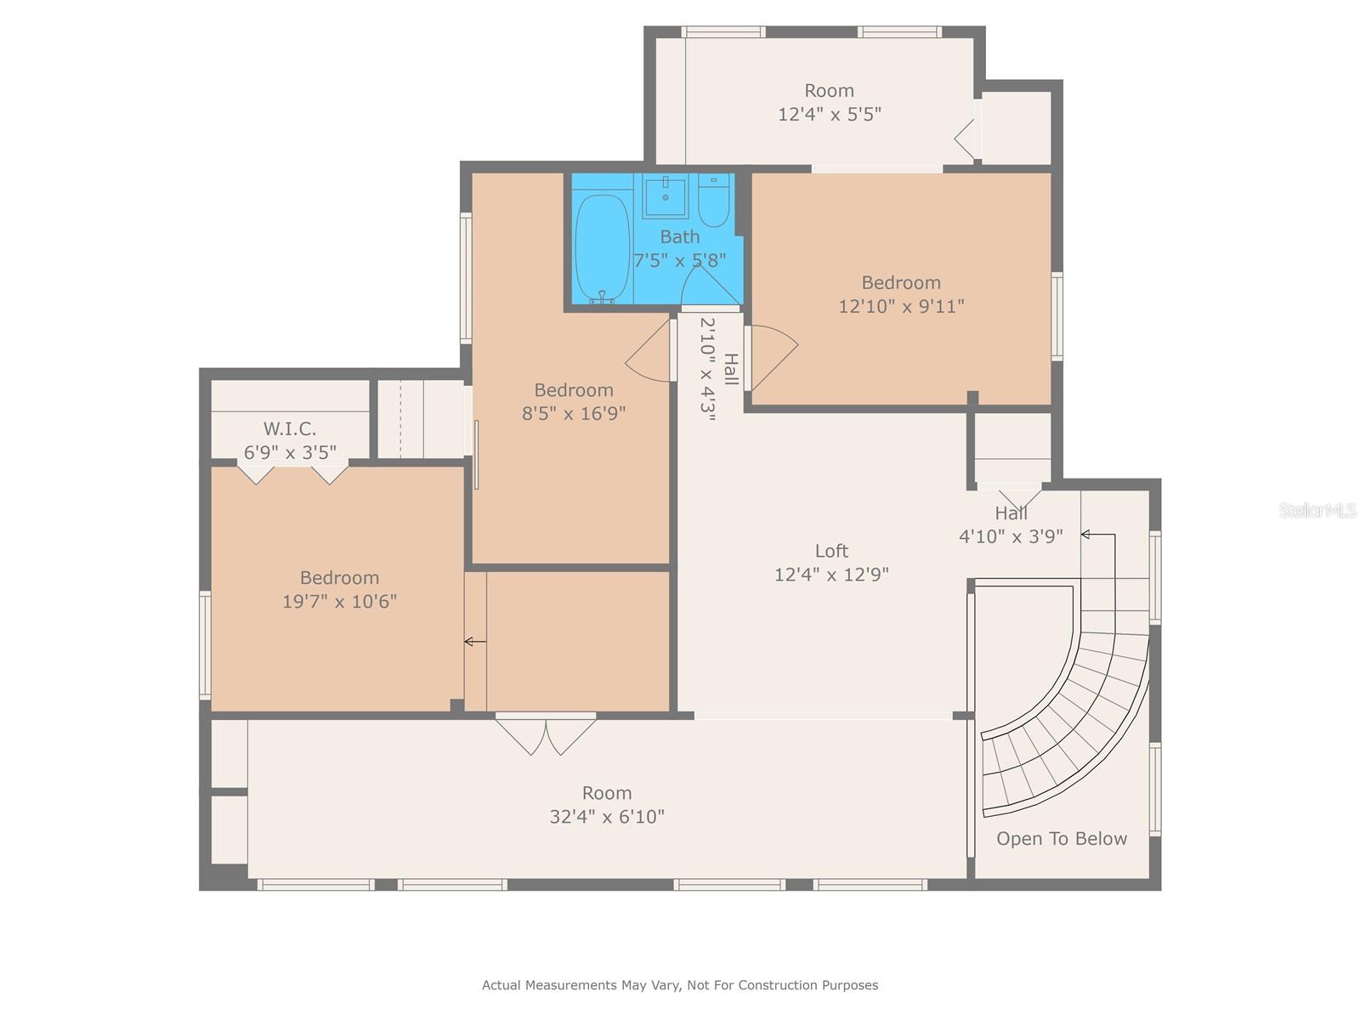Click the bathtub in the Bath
pos(602,248)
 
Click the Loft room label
pos(831,551)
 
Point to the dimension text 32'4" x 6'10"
pos(607,817)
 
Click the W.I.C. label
pos(289,429)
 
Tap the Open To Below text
pos(1062,839)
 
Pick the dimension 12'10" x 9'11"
pos(901,306)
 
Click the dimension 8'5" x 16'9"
pos(574,414)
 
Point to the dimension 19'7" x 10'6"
pos(339,602)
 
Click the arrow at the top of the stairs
pos(1096,535)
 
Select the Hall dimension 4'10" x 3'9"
pos(1011,536)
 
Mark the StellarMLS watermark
pos(1317,511)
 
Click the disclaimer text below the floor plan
pos(680,985)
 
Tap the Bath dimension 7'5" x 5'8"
pos(680,260)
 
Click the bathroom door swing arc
pos(711,285)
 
